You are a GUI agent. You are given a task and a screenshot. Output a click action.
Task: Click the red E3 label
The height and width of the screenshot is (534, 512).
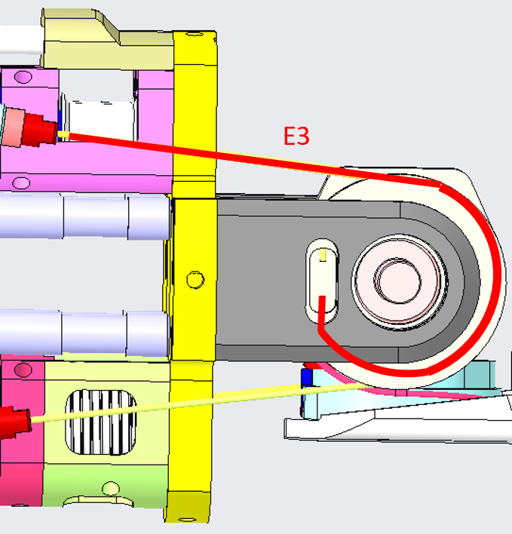click(296, 136)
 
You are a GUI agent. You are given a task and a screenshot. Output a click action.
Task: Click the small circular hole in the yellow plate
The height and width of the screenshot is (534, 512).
click(196, 280)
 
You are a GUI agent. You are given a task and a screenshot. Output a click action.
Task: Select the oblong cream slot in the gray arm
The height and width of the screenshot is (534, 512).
click(322, 281)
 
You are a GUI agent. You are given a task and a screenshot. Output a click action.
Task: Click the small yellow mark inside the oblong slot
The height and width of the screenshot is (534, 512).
click(323, 255)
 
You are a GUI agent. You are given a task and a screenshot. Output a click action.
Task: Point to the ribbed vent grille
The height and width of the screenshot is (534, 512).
click(101, 422)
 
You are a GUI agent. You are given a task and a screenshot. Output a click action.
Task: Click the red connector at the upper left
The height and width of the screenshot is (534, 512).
click(40, 130)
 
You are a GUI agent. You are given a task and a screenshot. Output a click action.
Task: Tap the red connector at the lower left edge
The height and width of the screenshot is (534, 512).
click(15, 422)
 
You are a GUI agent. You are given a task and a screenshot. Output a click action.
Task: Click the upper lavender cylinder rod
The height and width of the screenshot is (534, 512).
click(85, 216)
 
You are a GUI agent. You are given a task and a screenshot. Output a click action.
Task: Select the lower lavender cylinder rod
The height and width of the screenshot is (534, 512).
click(85, 333)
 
